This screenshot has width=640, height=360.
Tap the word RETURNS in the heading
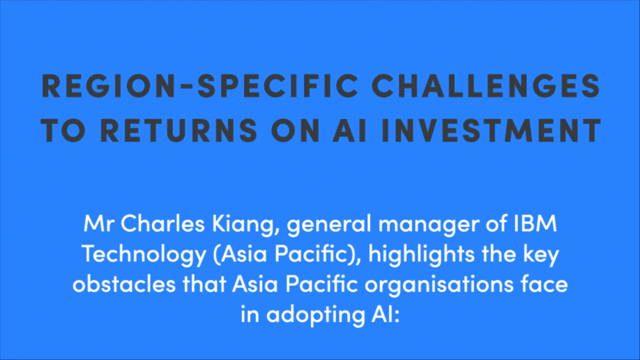pyautogui.click(x=179, y=130)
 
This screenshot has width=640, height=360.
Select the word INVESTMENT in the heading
pyautogui.click(x=491, y=130)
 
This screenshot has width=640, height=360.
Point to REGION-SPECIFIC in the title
pyautogui.click(x=199, y=86)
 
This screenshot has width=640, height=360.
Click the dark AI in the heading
pyautogui.click(x=350, y=130)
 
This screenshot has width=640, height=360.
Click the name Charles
pyautogui.click(x=162, y=224)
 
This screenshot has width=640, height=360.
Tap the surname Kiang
pyautogui.click(x=246, y=225)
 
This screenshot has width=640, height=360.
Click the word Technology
pyautogui.click(x=144, y=255)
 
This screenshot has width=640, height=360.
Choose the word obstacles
pyautogui.click(x=124, y=284)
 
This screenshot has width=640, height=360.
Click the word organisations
pyautogui.click(x=439, y=285)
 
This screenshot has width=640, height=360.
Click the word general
pyautogui.click(x=329, y=225)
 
